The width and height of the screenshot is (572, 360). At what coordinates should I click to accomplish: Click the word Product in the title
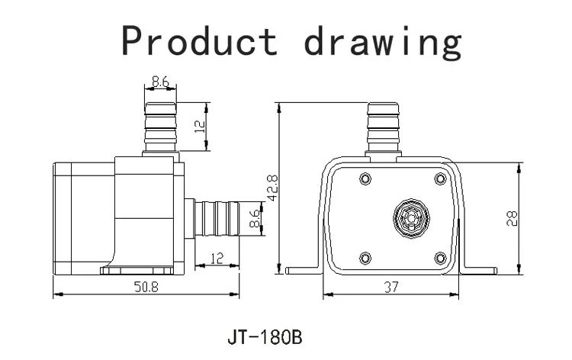(x=199, y=40)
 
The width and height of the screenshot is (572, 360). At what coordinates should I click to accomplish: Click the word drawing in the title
(x=383, y=42)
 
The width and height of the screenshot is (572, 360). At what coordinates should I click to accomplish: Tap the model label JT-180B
(x=265, y=337)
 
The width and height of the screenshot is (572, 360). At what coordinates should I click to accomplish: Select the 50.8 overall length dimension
(x=146, y=287)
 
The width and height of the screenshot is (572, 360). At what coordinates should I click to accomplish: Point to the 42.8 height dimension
(x=273, y=188)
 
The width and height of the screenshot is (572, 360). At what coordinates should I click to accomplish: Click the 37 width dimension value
(x=391, y=287)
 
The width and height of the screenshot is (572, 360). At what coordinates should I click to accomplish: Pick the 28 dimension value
(x=513, y=218)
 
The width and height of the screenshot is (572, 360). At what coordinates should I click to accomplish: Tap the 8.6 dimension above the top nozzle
(x=160, y=82)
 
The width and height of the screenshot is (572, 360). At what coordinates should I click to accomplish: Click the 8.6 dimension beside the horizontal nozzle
(x=255, y=218)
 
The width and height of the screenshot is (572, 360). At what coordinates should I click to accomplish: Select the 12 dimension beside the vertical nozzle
(x=200, y=126)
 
